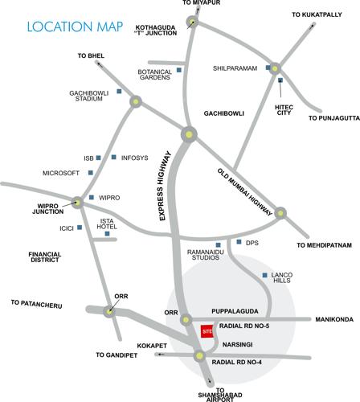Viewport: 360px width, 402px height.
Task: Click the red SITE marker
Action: coord(207,330)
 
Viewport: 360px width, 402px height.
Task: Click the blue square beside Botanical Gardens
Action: coord(179,69)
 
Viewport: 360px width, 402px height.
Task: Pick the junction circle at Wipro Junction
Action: coord(77,202)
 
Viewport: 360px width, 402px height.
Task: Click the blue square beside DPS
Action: coord(239,242)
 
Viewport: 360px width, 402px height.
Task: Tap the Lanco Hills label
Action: coord(282,278)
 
